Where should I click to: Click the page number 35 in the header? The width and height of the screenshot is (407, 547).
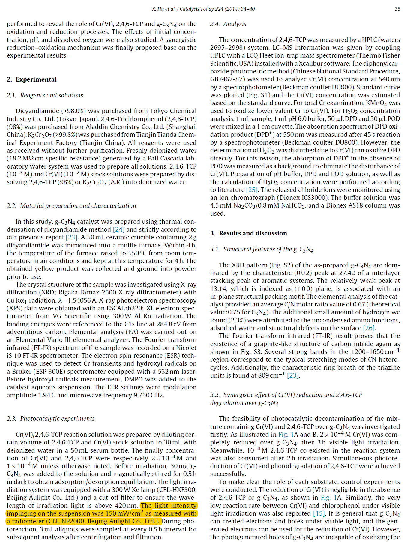tap(397, 9)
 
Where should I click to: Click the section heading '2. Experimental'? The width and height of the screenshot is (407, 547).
tap(31, 79)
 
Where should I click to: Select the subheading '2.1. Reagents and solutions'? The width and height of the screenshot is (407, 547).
tap(45, 95)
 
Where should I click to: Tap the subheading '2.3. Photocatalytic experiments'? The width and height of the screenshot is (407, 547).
tap(51, 419)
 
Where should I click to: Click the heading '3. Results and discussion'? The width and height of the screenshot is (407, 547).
tap(248, 233)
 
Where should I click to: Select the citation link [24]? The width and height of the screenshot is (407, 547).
tap(118, 229)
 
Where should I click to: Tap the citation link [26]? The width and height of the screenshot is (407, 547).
tap(369, 328)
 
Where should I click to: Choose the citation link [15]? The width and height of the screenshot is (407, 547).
tap(319, 513)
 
